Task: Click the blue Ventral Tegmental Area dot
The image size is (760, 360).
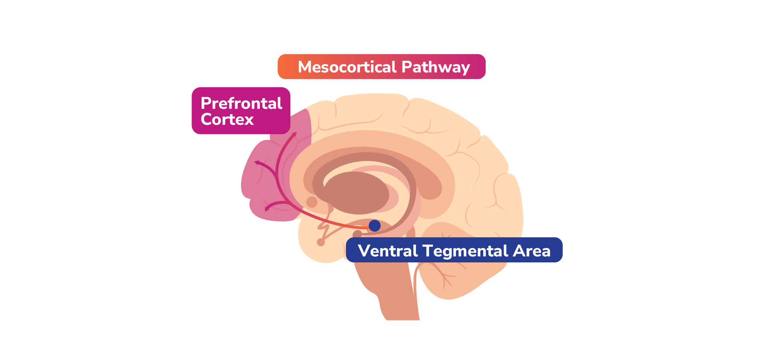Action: click(x=374, y=226)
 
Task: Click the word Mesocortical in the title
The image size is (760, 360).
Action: click(x=347, y=67)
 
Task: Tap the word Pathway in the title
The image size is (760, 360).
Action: click(x=436, y=67)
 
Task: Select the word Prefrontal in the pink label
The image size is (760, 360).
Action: click(x=241, y=103)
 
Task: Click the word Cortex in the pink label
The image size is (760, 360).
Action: click(x=227, y=119)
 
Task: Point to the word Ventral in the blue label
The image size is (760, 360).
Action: click(x=388, y=251)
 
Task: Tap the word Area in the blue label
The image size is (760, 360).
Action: click(x=532, y=251)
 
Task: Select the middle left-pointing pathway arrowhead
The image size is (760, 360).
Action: click(x=257, y=162)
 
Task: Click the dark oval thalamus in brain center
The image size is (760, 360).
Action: click(x=356, y=193)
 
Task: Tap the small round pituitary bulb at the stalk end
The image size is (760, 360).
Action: click(x=321, y=242)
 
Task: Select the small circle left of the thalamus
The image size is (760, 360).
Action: click(x=312, y=202)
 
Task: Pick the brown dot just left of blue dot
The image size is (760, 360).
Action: click(x=357, y=234)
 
